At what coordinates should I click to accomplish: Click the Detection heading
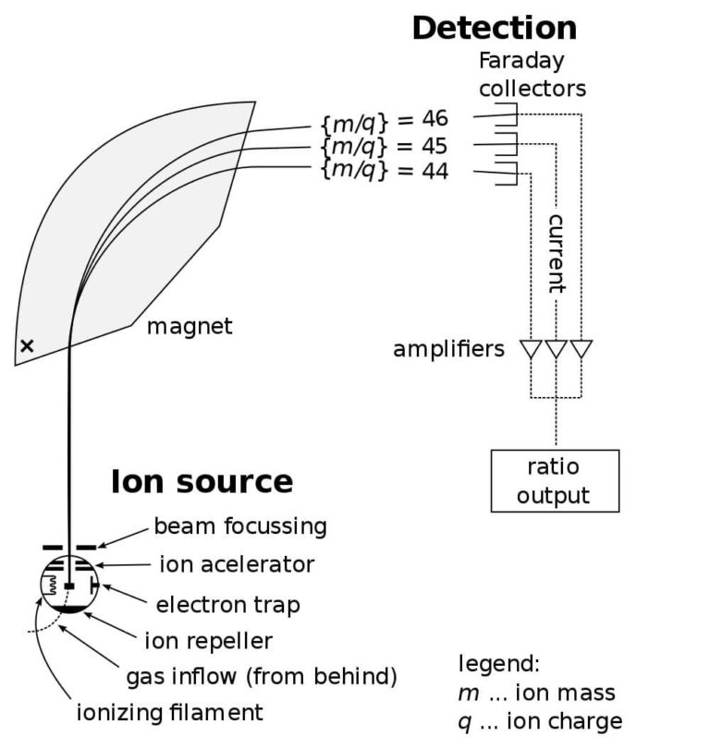click(x=494, y=28)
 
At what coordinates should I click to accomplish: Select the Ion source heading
click(x=202, y=482)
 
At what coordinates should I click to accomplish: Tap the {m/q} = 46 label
click(x=383, y=119)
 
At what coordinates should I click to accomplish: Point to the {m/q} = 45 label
click(x=383, y=146)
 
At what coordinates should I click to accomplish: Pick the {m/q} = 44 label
click(x=383, y=171)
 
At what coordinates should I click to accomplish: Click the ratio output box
click(x=554, y=481)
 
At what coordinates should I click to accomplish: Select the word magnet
click(x=190, y=326)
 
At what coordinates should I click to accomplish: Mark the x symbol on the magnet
click(x=27, y=345)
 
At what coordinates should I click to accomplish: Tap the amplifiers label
click(x=448, y=349)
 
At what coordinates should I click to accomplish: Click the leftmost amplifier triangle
click(x=532, y=350)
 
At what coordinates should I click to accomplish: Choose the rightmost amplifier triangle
click(x=581, y=350)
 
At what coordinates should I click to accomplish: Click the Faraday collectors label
click(x=532, y=75)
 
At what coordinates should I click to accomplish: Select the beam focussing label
click(x=240, y=526)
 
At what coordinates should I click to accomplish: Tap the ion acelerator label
click(x=237, y=564)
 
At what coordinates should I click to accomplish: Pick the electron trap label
click(x=228, y=605)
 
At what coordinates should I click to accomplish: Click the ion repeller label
click(x=209, y=640)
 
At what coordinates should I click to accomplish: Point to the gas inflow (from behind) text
click(x=262, y=677)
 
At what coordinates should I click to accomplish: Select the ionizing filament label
click(x=170, y=712)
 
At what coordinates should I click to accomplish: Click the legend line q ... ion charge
click(x=540, y=720)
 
